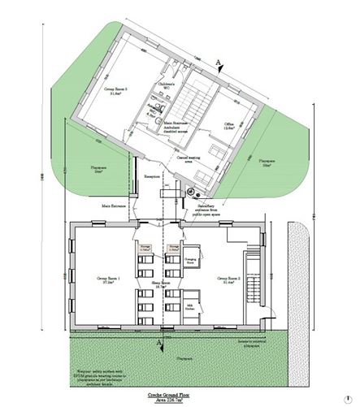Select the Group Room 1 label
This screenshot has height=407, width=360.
pos(106,279)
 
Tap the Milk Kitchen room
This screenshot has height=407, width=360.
pos(190,299)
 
